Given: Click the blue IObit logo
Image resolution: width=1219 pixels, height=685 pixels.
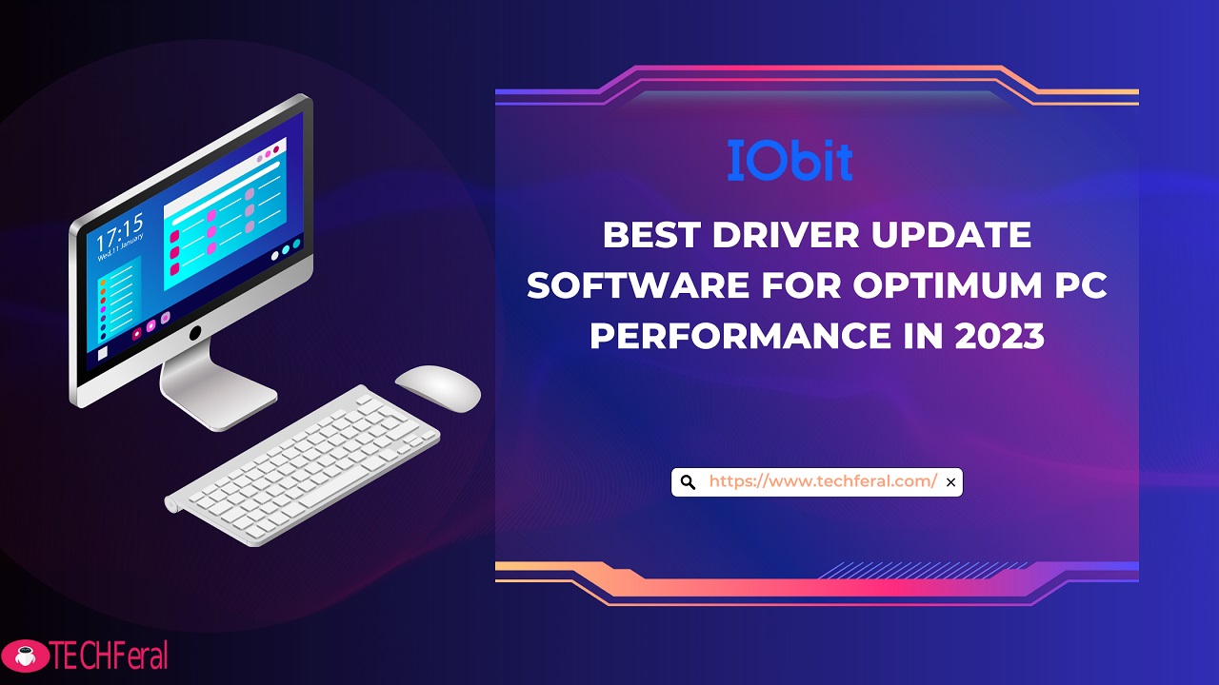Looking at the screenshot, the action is [x=790, y=161].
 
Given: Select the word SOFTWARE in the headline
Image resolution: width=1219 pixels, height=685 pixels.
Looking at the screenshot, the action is [x=638, y=285].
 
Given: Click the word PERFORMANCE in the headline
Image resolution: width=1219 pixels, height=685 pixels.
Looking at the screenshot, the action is [x=740, y=336].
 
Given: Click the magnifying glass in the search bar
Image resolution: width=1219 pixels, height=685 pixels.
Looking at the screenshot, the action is [x=688, y=482].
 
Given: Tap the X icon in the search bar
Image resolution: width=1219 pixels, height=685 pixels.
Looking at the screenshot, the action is [x=950, y=482].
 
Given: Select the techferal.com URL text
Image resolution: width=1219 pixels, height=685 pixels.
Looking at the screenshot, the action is [x=823, y=481].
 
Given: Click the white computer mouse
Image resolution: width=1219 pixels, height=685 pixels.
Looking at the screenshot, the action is [x=438, y=388].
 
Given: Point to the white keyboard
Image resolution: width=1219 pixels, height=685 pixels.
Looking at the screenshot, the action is [x=303, y=466].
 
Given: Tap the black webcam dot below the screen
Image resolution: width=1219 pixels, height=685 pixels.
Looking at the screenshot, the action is [x=195, y=333].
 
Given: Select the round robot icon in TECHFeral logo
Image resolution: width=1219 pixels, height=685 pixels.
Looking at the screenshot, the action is [x=25, y=656].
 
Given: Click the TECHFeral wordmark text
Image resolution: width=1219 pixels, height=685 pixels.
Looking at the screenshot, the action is [x=110, y=656].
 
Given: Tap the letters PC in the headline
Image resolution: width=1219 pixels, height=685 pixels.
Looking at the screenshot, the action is [x=1081, y=285].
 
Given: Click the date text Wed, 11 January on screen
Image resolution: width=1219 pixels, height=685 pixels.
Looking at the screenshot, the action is [x=121, y=247].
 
